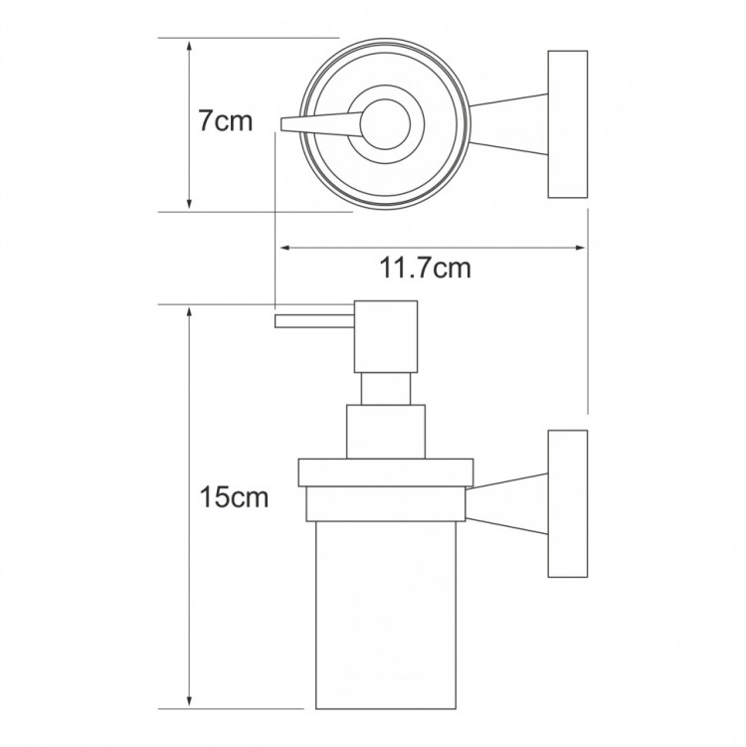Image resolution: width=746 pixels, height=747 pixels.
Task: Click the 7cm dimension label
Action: (x=226, y=121)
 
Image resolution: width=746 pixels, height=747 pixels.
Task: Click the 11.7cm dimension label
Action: (x=425, y=268)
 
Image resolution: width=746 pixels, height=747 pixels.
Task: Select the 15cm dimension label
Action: (x=234, y=497)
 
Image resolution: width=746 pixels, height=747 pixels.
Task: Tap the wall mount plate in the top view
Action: (x=567, y=124)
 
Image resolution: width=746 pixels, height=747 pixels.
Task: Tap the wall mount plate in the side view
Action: (x=567, y=504)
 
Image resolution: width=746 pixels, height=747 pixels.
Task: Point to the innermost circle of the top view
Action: (x=385, y=124)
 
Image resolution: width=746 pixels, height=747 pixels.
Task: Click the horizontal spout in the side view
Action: (x=314, y=321)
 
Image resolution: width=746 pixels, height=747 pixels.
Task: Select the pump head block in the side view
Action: (x=386, y=336)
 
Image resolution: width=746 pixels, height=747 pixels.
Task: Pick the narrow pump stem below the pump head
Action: (x=386, y=389)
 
